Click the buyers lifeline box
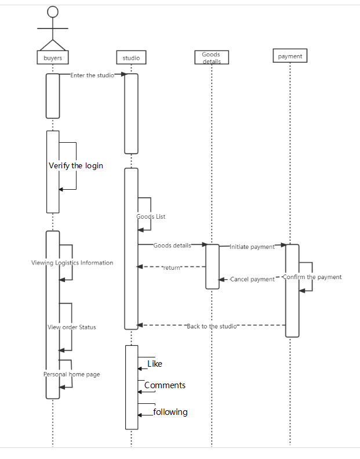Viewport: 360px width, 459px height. pos(53,57)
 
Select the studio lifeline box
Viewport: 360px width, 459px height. pos(131,57)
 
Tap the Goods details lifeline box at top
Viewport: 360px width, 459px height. pos(212,57)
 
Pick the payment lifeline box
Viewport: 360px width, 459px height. pos(290,56)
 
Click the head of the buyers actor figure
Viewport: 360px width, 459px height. pos(53,12)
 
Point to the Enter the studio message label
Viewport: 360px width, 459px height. pos(92,75)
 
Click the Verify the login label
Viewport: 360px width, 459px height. pos(76,166)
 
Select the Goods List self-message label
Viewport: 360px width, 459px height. pos(151,216)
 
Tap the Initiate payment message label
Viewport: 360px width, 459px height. pos(252,247)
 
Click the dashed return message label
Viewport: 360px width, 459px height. pos(172,268)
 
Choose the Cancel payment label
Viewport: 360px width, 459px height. pos(252,279)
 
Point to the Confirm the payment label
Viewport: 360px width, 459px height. pos(312,277)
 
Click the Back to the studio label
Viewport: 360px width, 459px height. pos(212,326)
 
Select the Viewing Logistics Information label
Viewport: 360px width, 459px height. pos(72,263)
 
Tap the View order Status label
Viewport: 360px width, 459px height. pos(72,327)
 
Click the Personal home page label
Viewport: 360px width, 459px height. pos(72,374)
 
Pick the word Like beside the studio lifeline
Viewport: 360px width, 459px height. pos(155,364)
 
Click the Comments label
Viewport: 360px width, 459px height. pos(165,385)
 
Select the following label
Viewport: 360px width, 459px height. pos(170,412)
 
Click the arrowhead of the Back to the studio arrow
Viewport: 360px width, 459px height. pos(140,325)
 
